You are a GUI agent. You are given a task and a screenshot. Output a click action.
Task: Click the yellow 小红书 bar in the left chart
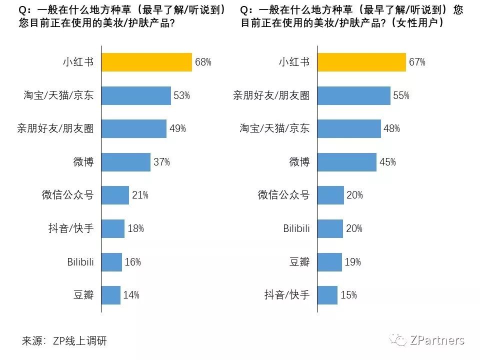tap(146, 62)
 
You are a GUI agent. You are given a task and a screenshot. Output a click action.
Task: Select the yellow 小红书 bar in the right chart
tap(361, 62)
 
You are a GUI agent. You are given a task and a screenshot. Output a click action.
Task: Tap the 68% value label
tap(203, 62)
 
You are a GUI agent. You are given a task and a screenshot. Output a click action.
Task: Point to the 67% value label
tap(417, 62)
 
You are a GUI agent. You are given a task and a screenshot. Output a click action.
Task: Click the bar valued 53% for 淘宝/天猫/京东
tap(136, 95)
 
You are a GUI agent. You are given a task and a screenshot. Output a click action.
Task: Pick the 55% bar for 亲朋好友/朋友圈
tap(353, 95)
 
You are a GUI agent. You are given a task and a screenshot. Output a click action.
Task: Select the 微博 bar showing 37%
tap(125, 162)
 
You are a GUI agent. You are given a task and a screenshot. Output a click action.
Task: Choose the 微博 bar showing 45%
tap(346, 162)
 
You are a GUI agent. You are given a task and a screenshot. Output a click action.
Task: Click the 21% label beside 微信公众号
tap(140, 195)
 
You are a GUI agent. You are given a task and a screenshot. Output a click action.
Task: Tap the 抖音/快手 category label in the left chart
tap(67, 228)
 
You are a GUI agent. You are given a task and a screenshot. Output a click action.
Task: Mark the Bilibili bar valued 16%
tap(111, 261)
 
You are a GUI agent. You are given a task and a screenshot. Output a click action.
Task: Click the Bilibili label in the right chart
tap(296, 228)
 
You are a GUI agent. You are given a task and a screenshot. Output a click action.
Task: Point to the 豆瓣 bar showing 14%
tap(111, 295)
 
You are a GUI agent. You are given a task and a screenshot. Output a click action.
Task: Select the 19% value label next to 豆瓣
tap(352, 261)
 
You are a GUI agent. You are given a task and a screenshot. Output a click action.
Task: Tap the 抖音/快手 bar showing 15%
tap(327, 295)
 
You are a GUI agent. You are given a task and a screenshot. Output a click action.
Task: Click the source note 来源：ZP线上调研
tap(64, 341)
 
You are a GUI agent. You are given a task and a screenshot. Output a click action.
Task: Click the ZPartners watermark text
tap(436, 340)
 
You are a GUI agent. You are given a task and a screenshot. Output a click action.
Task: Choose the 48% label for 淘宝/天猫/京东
tap(391, 128)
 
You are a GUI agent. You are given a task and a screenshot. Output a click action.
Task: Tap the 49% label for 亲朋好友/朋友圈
tap(177, 128)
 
